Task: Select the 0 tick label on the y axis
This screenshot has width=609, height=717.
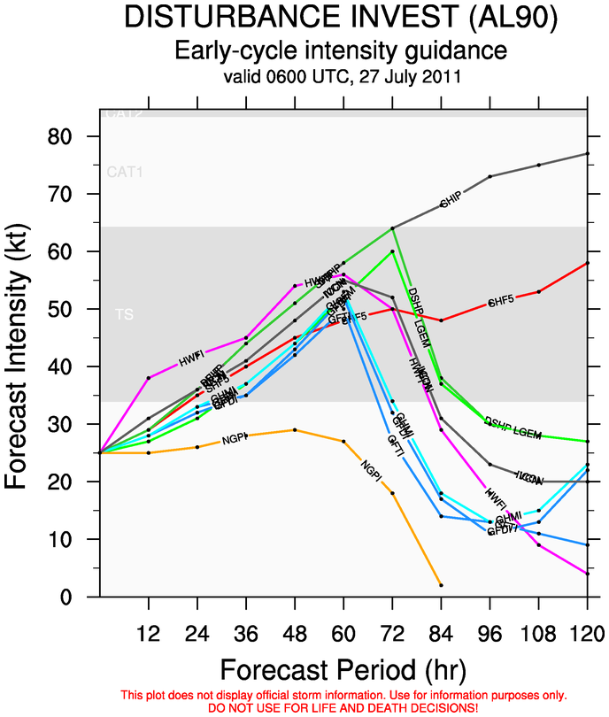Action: pos(78,597)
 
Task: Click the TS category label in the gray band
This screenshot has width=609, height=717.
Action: pos(123,314)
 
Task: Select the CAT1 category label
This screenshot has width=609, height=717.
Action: pos(125,172)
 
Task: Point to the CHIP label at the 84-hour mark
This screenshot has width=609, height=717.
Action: pos(451,202)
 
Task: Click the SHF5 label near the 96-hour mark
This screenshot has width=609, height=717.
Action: pos(500,301)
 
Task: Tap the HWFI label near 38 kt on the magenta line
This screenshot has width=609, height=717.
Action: pos(192,361)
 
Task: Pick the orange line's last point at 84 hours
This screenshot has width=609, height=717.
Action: pos(441,585)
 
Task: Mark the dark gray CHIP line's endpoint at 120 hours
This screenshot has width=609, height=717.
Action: pos(587,153)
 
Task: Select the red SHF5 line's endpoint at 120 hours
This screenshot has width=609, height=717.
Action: pos(587,263)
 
